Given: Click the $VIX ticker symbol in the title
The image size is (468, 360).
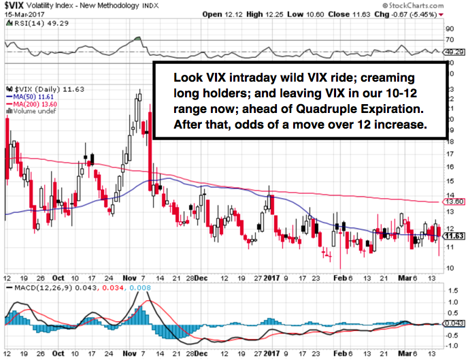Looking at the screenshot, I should point(16,5).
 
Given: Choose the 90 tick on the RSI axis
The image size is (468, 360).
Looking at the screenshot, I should point(448,29).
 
